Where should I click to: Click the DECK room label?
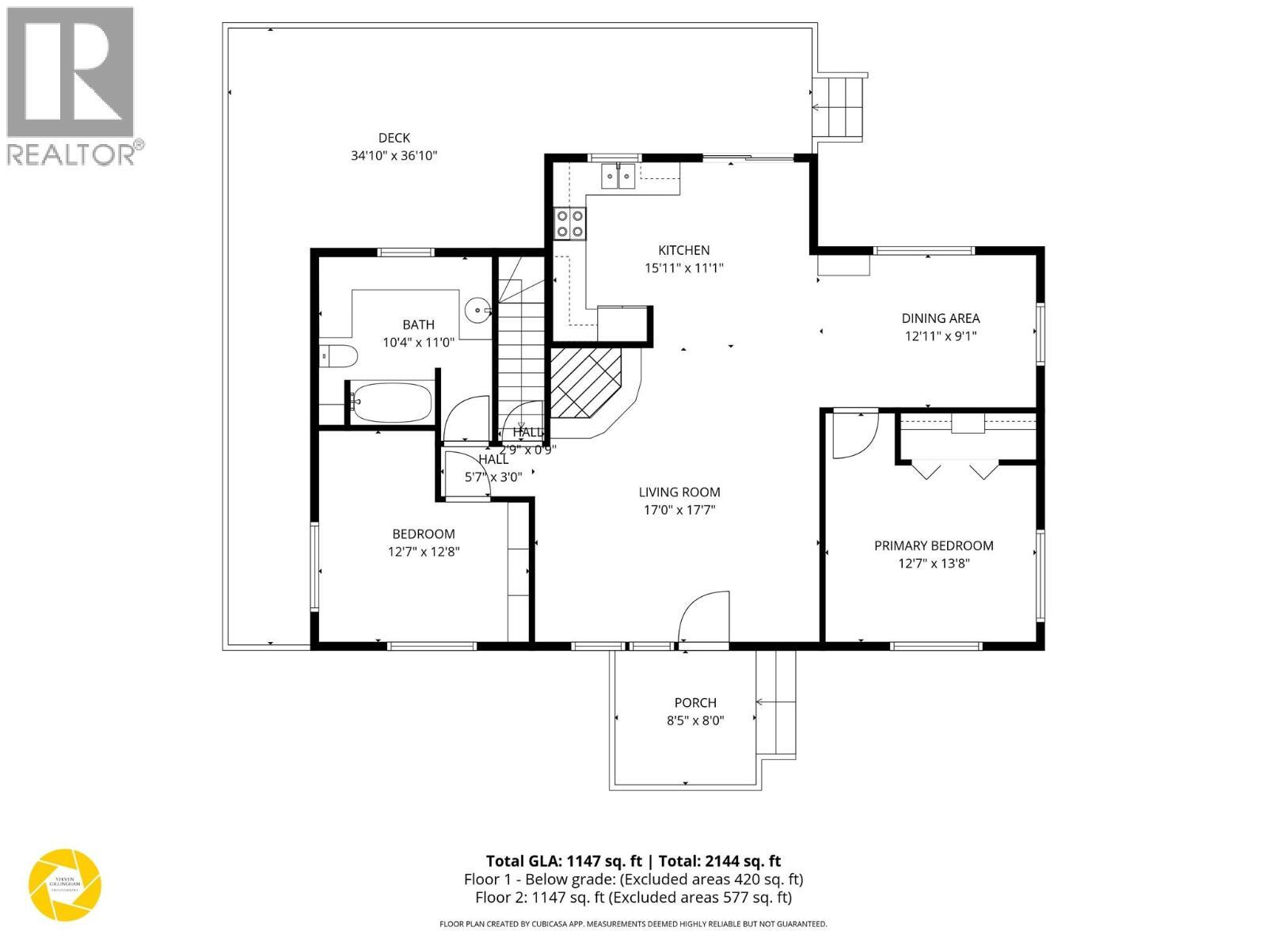[x=394, y=138]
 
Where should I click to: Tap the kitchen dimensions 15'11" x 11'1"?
[x=683, y=268]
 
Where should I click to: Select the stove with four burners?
[x=570, y=222]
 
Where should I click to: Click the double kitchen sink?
[x=618, y=176]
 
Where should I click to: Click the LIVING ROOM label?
[x=679, y=492]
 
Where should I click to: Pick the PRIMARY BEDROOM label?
[x=934, y=545]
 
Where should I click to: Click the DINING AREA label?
[x=940, y=318]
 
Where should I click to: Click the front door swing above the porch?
[x=703, y=617]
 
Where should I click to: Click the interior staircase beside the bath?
[x=520, y=348]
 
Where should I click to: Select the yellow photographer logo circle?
[x=65, y=884]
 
